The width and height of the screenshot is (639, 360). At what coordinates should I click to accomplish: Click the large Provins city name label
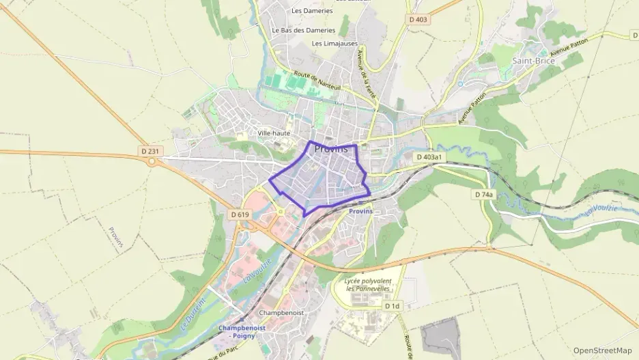click(x=331, y=148)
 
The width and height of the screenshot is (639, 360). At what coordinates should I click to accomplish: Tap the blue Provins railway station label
click(x=360, y=212)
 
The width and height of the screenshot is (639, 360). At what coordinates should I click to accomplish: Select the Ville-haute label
click(x=274, y=133)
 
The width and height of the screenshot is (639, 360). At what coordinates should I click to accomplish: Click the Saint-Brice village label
click(x=533, y=60)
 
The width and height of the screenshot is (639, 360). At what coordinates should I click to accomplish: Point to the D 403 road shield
click(x=418, y=20)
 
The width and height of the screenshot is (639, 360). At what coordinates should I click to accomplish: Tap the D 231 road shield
click(x=148, y=150)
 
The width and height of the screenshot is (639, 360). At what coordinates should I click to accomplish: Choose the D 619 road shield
click(x=240, y=214)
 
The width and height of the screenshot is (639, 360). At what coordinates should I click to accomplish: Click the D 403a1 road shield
click(x=429, y=157)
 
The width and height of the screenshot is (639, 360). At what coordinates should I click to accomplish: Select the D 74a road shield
click(x=483, y=195)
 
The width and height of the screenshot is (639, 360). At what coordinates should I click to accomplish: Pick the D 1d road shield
click(x=391, y=306)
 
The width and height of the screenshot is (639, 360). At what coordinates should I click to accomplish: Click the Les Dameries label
click(x=312, y=11)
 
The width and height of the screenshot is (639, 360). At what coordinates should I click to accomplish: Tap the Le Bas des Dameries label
click(x=303, y=30)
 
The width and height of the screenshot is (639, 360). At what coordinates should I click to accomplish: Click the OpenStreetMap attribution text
click(x=602, y=350)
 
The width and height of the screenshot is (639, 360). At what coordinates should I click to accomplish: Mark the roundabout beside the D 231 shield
click(x=151, y=162)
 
